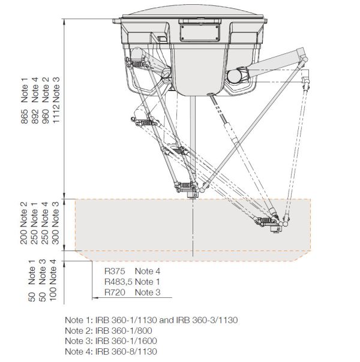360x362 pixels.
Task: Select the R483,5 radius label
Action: (118, 282)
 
